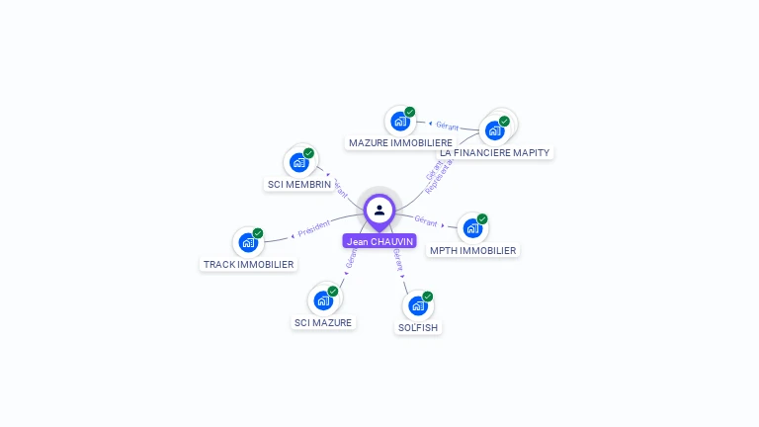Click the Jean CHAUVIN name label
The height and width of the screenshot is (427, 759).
coord(379,241)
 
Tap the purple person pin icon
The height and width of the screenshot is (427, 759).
coord(379,211)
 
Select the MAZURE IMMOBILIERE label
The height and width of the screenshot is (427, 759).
coord(400,143)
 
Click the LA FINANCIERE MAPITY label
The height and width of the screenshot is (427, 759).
coord(495,152)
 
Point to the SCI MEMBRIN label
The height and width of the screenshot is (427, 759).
coord(299,185)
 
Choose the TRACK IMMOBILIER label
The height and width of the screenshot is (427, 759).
coord(248,265)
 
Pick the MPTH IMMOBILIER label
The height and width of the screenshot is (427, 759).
coord(472,251)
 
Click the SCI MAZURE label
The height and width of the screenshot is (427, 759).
coord(323,323)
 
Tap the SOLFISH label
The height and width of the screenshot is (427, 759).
coord(418,327)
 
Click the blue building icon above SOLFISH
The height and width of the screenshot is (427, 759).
coord(417,305)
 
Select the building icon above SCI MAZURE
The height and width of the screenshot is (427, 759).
coord(323,300)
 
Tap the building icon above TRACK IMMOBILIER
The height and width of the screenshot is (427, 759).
coord(248,242)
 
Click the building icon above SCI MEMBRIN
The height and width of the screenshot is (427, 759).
coord(298,162)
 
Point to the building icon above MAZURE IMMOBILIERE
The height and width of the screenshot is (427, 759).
coord(399,122)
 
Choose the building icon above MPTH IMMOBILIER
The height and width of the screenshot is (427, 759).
coord(472,228)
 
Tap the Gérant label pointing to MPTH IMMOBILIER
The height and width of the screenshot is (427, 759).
coord(426,220)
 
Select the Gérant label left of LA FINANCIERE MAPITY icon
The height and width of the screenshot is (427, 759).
coord(447,125)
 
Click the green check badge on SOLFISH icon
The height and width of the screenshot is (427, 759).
coord(428,297)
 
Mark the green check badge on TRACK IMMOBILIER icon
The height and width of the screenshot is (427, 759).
coord(258,233)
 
